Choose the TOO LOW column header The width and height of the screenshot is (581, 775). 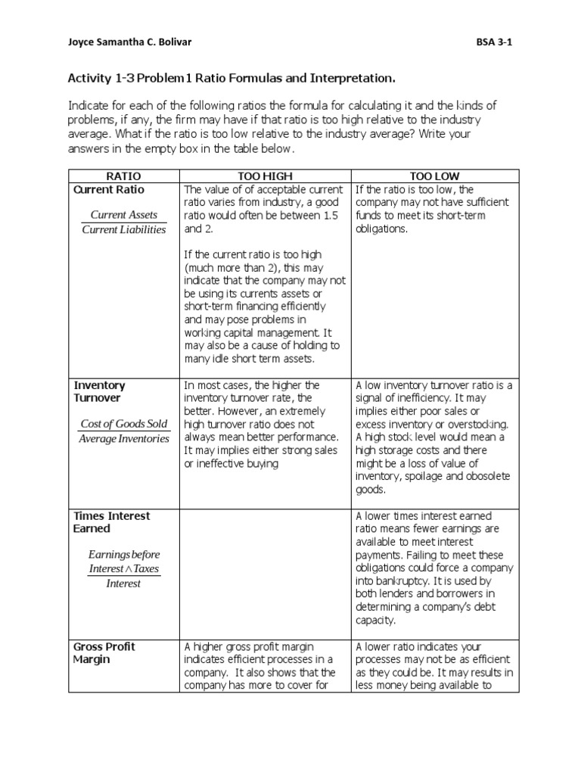coord(434,175)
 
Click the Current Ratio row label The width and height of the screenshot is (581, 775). coord(108,189)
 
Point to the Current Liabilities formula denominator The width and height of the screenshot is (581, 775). coord(124,229)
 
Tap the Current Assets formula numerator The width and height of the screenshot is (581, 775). coord(124,215)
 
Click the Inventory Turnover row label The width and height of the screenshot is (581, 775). coord(99,391)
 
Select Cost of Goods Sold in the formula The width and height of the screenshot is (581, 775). coord(124,424)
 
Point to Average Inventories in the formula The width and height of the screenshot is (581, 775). coord(124,439)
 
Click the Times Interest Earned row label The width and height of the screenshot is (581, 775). coord(111,521)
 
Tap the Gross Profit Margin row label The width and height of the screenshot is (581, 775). coord(104,652)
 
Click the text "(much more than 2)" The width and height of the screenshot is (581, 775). coord(231,268)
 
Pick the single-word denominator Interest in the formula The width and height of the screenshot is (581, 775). coord(124,584)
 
